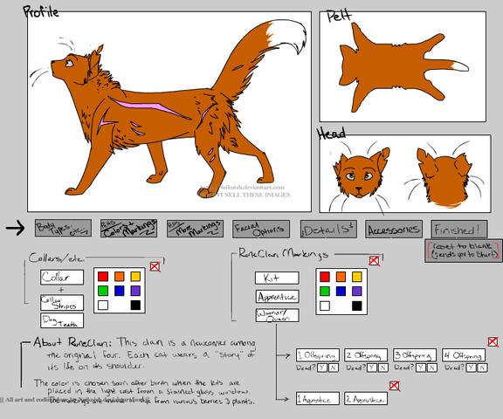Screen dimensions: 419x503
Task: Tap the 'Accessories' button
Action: click(393, 229)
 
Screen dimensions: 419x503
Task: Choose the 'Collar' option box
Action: click(62, 277)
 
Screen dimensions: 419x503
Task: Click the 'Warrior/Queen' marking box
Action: click(277, 315)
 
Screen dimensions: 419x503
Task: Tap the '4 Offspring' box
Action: click(463, 356)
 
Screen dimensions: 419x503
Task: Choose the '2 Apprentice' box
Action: click(365, 399)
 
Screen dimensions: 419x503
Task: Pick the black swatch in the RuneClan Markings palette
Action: click(357, 306)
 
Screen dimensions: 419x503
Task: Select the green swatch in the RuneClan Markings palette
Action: click(324, 291)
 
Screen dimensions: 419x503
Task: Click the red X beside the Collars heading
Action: click(155, 265)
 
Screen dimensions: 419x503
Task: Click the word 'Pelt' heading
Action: click(341, 17)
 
